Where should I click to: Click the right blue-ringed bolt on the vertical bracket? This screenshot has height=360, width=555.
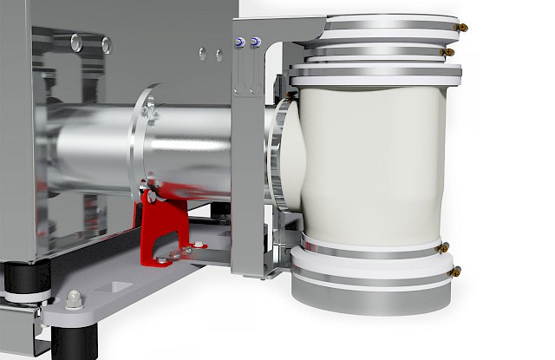(x=253, y=42)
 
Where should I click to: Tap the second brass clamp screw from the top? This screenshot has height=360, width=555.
(x=447, y=53)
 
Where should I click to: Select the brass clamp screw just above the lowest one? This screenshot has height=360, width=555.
(x=443, y=248)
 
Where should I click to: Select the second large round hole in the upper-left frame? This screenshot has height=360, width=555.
(x=106, y=44)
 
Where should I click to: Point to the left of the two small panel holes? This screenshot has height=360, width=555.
(x=201, y=54)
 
